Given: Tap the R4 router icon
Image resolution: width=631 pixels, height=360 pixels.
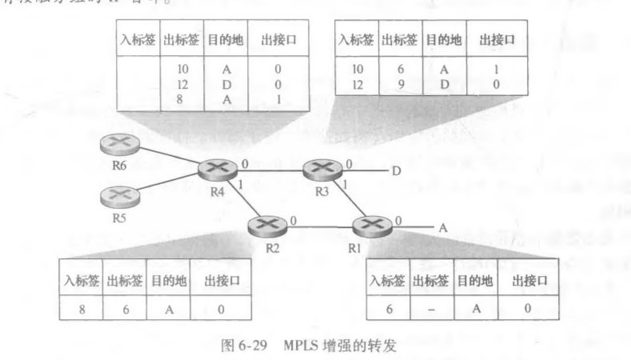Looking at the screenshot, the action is (217, 169).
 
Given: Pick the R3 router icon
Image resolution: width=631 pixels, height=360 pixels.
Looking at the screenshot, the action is (321, 169).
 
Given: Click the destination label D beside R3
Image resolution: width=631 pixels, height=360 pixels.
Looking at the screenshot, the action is (396, 170).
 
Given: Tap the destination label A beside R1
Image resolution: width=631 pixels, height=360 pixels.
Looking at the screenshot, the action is (441, 227).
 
